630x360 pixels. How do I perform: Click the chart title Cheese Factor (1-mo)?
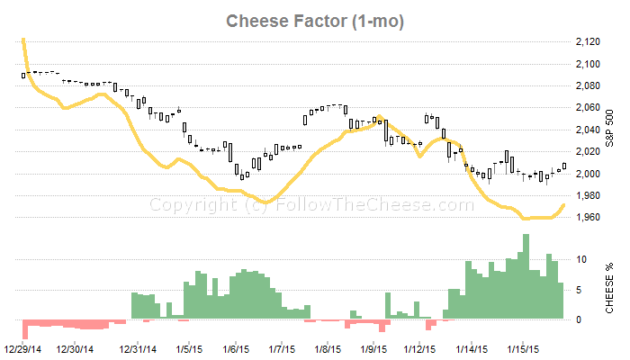pyautogui.click(x=314, y=20)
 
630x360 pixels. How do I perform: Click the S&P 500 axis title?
pyautogui.click(x=609, y=129)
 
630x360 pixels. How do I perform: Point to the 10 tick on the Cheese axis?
pyautogui.click(x=582, y=259)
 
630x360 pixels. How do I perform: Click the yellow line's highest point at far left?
pyautogui.click(x=22, y=40)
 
